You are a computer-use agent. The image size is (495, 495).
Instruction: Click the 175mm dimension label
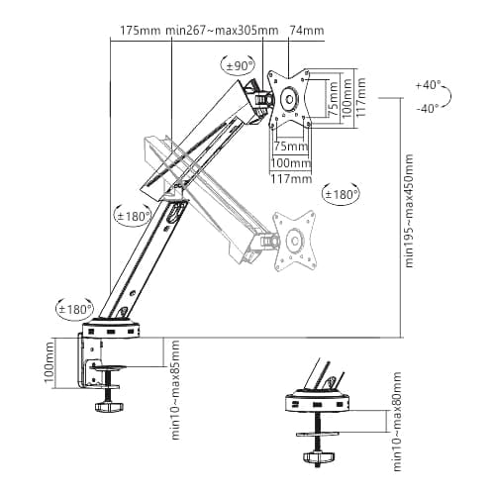[140, 31]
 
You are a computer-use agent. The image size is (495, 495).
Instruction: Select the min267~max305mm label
[222, 31]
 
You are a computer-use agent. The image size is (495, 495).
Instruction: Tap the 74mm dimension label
[307, 31]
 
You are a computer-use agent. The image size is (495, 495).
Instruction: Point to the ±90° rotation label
[240, 66]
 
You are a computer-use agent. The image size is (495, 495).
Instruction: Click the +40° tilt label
[428, 85]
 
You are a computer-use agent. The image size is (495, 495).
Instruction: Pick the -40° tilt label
[428, 108]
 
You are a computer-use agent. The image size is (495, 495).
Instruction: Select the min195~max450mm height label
[409, 211]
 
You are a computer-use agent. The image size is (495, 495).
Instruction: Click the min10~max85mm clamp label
[175, 389]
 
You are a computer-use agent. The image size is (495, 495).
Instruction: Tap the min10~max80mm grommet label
[397, 422]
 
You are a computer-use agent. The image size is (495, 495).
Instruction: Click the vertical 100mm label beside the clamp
[49, 362]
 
